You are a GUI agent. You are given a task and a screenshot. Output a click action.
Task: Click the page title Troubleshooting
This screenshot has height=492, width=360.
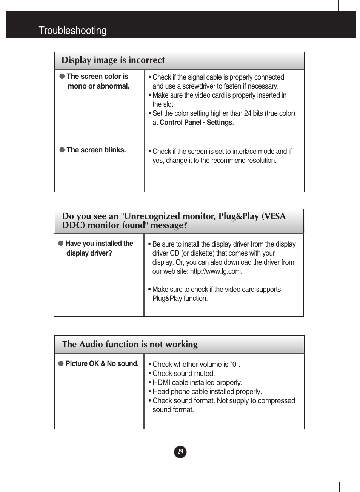coord(72,31)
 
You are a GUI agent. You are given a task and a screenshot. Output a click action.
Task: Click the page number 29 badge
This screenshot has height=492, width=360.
coord(180,452)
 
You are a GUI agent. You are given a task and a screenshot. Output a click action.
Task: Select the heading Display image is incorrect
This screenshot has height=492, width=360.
coord(113,60)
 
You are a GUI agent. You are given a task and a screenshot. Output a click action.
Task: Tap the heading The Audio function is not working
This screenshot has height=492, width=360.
coord(130,344)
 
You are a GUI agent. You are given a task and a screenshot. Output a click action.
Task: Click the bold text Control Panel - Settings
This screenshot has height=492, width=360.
coord(196,123)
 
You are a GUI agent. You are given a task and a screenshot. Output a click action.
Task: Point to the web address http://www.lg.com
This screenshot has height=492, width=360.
coord(216,271)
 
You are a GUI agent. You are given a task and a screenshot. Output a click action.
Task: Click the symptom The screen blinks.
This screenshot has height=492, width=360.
coord(96,150)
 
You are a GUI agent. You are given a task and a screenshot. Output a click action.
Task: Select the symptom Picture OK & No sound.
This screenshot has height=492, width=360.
coord(102,364)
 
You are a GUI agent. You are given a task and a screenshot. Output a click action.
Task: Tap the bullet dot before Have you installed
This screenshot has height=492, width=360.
coord(61,243)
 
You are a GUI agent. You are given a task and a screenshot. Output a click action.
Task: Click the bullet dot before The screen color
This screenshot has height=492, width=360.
coord(62,76)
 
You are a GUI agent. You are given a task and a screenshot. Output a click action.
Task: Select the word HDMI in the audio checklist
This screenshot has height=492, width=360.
coord(161,383)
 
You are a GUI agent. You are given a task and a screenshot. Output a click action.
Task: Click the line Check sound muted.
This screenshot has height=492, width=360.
coord(183,374)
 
